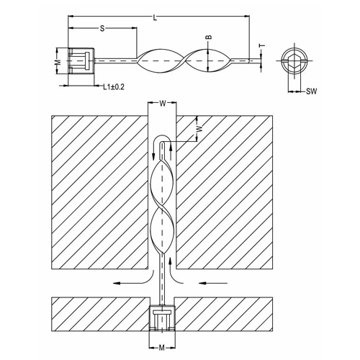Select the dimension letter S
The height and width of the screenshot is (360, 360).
tap(102, 28)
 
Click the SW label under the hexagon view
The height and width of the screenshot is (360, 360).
tap(311, 91)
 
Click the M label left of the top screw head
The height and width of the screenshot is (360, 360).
tap(57, 63)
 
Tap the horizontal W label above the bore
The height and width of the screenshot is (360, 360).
tap(163, 103)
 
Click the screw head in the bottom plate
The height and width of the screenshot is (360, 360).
tap(163, 316)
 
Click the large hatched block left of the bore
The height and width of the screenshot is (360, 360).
tap(97, 194)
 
